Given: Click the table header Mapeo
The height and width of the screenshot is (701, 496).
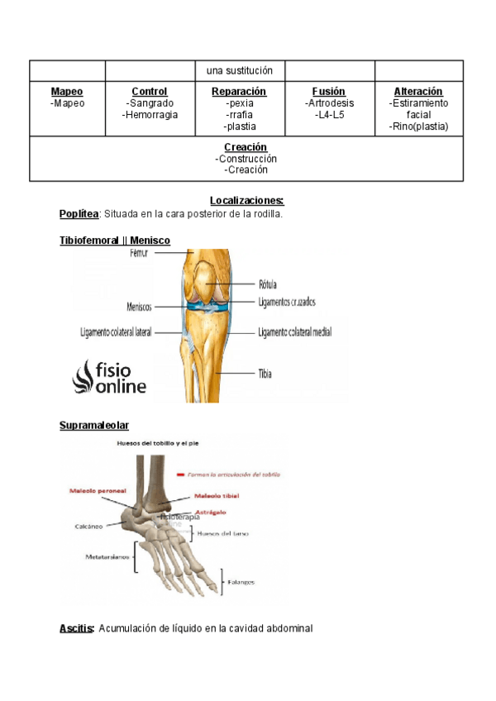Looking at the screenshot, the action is click(67, 92).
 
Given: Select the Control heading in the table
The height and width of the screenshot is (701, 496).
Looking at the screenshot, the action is click(150, 92).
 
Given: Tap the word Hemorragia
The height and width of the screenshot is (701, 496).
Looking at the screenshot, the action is click(150, 115).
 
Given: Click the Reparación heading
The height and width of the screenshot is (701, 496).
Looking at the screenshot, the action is click(239, 92).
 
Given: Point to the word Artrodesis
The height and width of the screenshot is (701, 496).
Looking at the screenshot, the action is click(329, 103).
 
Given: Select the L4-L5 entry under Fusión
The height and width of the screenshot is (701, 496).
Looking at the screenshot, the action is click(329, 115).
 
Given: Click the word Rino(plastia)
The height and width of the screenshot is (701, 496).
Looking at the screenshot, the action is click(418, 126).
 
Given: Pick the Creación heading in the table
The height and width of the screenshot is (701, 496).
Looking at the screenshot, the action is click(246, 147).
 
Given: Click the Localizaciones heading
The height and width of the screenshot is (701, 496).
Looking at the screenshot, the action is click(247, 201).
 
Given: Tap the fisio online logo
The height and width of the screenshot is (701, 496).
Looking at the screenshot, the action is click(110, 376).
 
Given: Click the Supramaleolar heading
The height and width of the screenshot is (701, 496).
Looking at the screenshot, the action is click(94, 426).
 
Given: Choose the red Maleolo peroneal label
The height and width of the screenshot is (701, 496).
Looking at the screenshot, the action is click(98, 490).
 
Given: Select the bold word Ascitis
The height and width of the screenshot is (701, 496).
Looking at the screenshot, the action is click(76, 628).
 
